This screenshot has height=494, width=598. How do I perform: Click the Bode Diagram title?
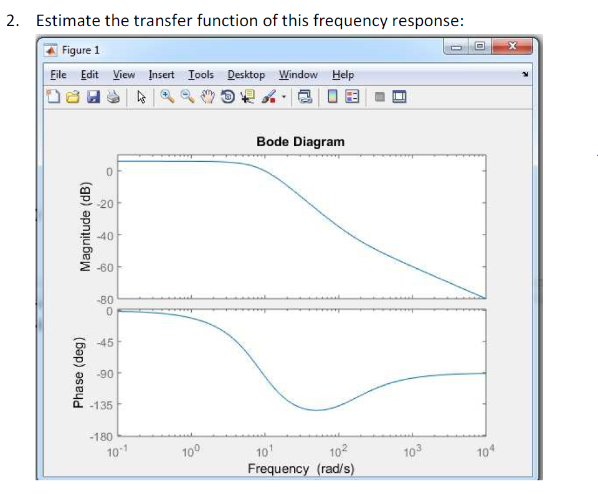click(x=300, y=142)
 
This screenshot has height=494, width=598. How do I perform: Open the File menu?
click(x=58, y=75)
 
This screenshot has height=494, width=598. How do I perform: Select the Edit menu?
click(x=90, y=75)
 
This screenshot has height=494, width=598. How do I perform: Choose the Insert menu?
click(x=161, y=75)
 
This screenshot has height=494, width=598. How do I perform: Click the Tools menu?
click(x=201, y=75)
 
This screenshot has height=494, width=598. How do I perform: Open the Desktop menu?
click(x=246, y=75)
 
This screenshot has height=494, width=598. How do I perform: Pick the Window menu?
click(x=298, y=75)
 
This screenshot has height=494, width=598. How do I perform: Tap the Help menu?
click(x=343, y=75)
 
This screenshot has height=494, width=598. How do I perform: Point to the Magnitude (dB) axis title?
click(x=85, y=228)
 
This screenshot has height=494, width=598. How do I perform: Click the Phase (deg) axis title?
click(x=78, y=373)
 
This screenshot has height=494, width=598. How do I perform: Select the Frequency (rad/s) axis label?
click(x=301, y=468)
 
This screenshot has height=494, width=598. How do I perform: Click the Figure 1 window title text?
click(x=80, y=50)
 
